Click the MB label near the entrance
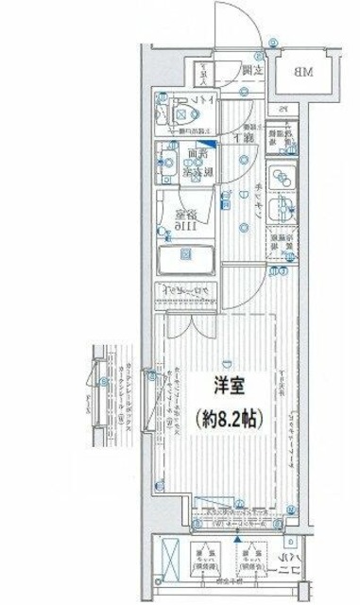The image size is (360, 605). pos(300,72)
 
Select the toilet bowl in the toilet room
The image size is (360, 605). pos(185,115)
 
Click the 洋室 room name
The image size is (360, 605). pos(228,387)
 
